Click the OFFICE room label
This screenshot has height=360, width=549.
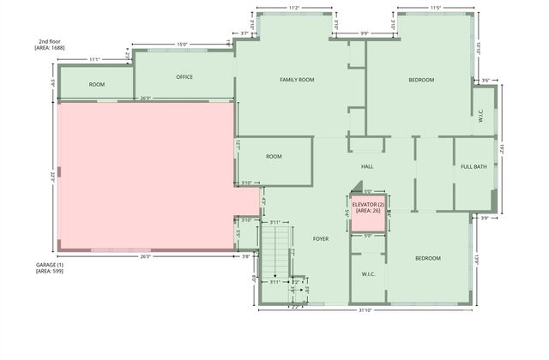pos(184,77)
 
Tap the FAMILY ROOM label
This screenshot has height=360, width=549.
pos(297,80)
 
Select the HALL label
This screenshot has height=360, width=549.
pos(367,166)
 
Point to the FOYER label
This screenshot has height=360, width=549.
pos(321,239)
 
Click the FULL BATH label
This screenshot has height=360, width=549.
pos(474,166)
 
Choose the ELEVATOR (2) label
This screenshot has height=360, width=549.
pos(368,205)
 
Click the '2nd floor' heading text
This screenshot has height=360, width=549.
pos(48,41)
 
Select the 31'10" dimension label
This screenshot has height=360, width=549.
pos(369,309)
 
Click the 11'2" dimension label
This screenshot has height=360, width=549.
pos(293,8)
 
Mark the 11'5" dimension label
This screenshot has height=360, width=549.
pos(435,8)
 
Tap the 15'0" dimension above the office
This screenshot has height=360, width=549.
pos(182,45)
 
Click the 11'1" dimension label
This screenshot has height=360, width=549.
pos(94,59)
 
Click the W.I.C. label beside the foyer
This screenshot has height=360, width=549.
pos(369,274)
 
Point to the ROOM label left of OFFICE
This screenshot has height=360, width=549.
pos(97,85)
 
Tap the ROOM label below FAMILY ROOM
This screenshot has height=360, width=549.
pos(274,157)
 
